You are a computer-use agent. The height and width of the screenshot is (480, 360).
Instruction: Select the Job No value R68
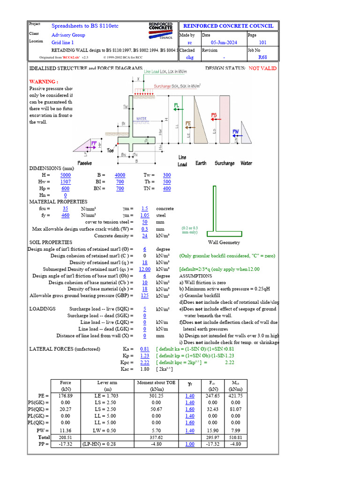tap(263, 58)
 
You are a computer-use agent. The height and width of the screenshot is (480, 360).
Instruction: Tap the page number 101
tap(262, 42)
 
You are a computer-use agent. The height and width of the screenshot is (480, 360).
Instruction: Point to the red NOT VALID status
tap(262, 68)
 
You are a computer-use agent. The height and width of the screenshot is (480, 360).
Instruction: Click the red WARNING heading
tap(44, 81)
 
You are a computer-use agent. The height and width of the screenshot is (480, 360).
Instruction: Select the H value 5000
tap(66, 175)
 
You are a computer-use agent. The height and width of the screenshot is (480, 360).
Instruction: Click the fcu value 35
tap(66, 208)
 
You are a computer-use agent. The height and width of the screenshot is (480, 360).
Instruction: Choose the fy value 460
tap(66, 215)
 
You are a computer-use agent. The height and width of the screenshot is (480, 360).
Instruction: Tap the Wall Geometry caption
tap(224, 242)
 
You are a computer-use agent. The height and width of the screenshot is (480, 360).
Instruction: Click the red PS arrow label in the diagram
tap(214, 115)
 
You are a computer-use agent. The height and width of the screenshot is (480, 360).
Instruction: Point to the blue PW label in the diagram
tap(235, 131)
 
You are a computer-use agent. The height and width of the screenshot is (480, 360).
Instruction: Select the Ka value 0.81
tap(145, 349)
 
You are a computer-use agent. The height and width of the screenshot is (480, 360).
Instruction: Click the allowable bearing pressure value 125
tap(145, 296)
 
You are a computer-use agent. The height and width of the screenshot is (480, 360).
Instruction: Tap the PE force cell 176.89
tap(66, 396)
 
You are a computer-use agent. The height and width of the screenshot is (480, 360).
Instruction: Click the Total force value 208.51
tap(66, 436)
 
